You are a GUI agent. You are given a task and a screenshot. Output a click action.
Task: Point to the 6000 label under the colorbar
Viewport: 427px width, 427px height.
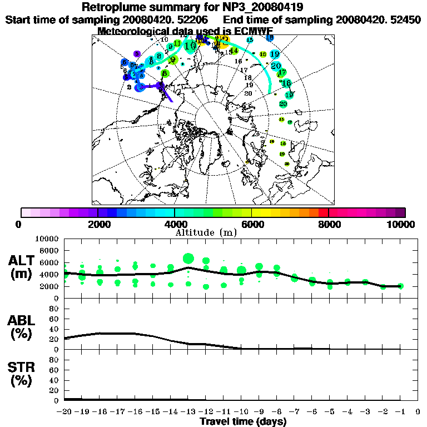point(251,224)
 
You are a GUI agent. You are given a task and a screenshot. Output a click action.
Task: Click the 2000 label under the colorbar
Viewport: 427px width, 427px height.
point(97,224)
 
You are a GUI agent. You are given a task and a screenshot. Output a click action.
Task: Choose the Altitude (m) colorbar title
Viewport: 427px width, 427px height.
point(206,232)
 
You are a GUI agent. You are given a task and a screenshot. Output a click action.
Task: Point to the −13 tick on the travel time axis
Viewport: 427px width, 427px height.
point(187,412)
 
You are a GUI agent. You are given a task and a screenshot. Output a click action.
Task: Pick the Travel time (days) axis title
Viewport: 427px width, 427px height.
point(243,422)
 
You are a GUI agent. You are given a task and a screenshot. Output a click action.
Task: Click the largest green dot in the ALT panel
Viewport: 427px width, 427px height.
point(188,259)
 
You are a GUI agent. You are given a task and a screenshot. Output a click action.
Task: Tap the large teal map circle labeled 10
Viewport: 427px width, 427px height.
point(191,46)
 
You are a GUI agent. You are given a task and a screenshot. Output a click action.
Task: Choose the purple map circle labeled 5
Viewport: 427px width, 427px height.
point(137,54)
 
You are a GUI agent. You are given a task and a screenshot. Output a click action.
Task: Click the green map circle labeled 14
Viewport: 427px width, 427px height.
point(234,51)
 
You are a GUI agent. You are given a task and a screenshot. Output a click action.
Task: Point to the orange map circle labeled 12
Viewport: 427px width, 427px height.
point(225,41)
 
